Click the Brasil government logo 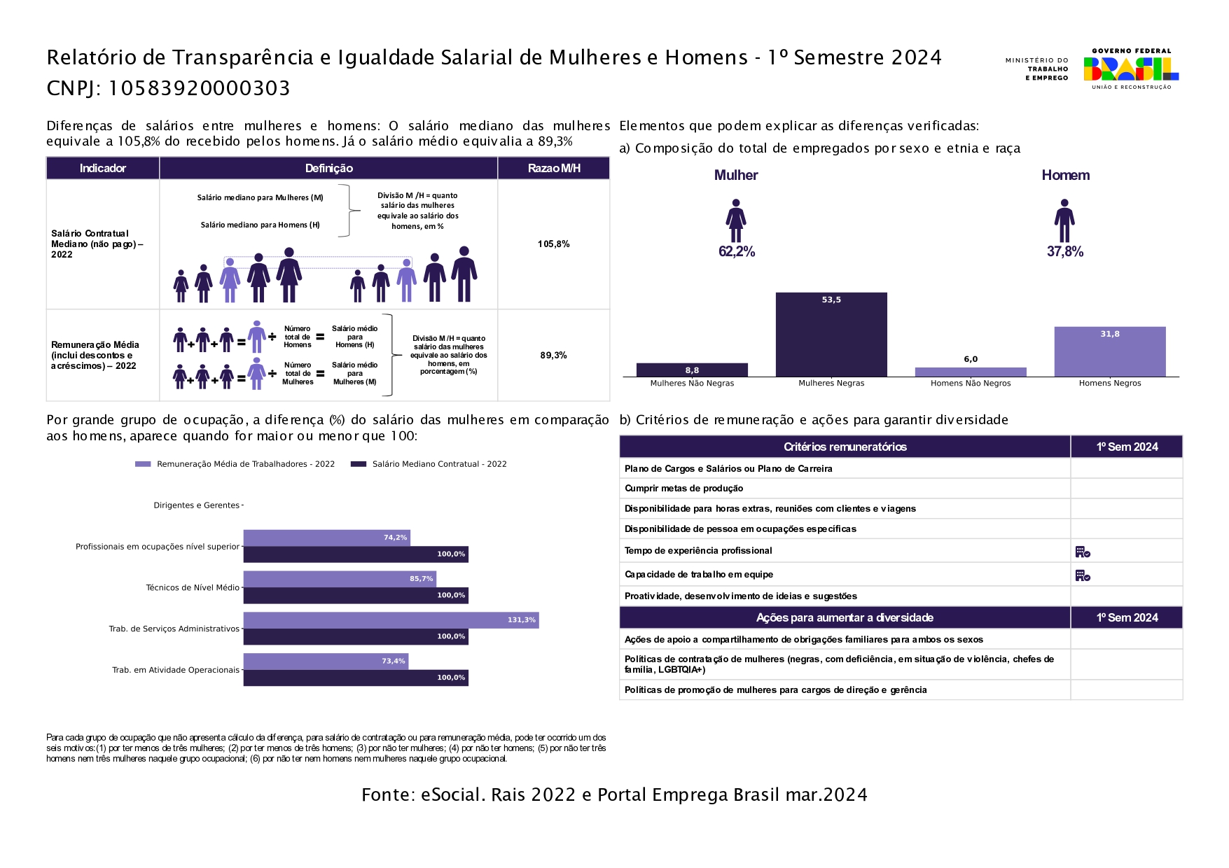coord(1130,69)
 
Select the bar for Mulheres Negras coord(831,335)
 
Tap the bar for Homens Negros coord(1110,352)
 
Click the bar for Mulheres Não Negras coord(692,370)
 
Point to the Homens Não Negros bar coord(971,372)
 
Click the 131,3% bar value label coord(522,620)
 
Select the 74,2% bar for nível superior coord(327,538)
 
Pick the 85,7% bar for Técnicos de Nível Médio coord(340,579)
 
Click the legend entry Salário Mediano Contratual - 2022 coord(429,464)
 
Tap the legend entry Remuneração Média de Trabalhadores coord(235,464)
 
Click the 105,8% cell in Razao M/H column coord(554,244)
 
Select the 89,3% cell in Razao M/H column coord(554,356)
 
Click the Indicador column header coord(103,168)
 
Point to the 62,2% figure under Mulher coord(737,252)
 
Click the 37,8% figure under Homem coord(1065,252)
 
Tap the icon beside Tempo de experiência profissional coord(1083,552)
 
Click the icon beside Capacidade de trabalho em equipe coord(1083,575)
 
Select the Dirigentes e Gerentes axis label coord(197,505)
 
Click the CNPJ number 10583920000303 coord(199,88)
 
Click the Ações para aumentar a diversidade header coord(845,617)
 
